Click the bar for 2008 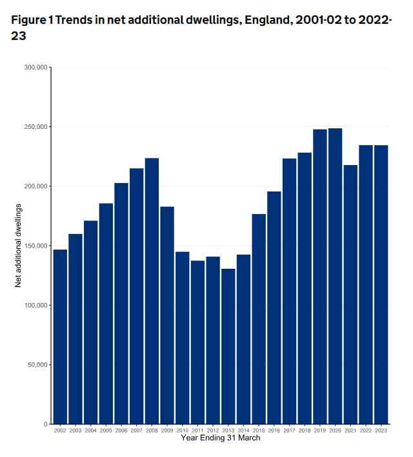point(152,290)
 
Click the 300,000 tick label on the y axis point(35,67)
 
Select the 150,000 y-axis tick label point(35,246)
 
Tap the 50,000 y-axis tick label point(37,365)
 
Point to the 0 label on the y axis point(45,424)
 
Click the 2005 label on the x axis point(106,430)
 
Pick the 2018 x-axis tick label point(305,430)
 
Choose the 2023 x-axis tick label point(381,430)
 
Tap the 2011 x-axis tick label point(197,430)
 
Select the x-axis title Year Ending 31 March point(221,438)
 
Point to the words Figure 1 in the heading point(31,20)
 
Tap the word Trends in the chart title point(76,20)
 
